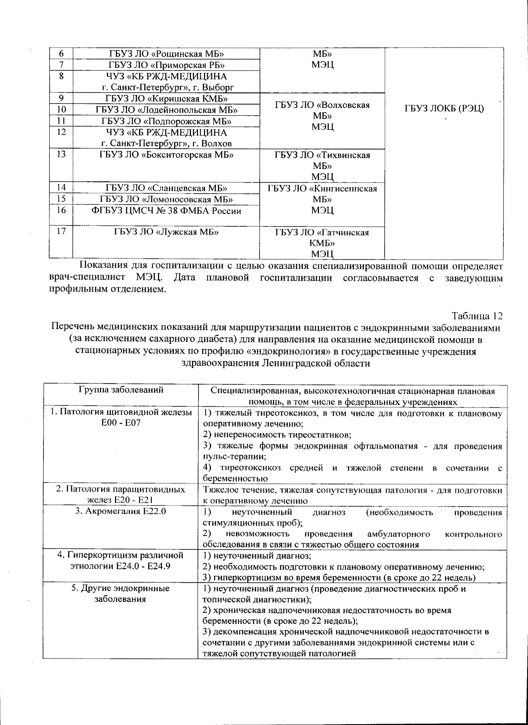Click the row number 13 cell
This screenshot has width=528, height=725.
tap(61, 155)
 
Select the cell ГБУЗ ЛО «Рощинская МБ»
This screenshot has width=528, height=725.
tap(166, 54)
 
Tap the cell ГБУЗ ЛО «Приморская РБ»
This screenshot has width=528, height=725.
tap(166, 65)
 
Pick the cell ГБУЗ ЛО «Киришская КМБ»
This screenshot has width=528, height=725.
tap(166, 98)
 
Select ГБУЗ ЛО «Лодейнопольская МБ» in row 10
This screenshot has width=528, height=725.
tap(166, 110)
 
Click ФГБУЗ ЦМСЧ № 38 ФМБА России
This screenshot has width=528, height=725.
tap(166, 210)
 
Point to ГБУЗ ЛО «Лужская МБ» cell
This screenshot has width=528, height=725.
tap(166, 232)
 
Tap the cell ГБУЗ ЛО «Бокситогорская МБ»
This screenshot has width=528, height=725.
tap(166, 155)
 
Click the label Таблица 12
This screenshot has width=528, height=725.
tap(477, 316)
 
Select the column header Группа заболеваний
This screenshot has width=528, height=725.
tap(121, 390)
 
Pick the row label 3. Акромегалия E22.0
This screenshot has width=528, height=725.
tap(121, 512)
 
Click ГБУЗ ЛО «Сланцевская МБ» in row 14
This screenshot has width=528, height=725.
tap(166, 188)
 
